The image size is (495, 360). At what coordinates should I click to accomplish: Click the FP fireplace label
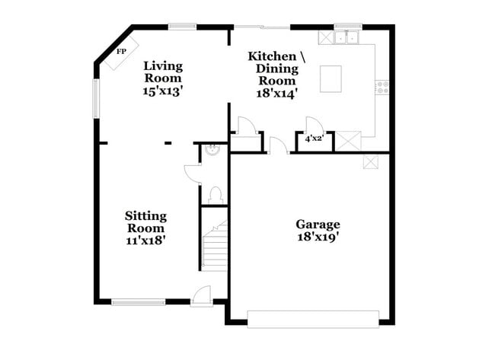[120, 52]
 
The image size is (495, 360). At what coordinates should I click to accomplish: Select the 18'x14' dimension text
[276, 94]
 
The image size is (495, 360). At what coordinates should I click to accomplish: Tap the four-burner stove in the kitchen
[382, 88]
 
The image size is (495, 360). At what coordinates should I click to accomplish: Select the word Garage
[318, 225]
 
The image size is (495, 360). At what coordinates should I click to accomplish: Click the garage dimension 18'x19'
[318, 237]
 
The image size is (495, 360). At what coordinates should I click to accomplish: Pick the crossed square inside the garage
[370, 161]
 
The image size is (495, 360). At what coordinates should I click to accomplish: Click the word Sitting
[146, 216]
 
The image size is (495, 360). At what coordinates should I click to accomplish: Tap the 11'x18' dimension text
[146, 241]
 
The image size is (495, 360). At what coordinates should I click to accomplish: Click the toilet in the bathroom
[215, 195]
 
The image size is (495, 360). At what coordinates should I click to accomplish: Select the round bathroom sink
[214, 150]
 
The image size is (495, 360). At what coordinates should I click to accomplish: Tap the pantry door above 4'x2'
[311, 125]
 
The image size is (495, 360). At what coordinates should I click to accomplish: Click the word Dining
[277, 68]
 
